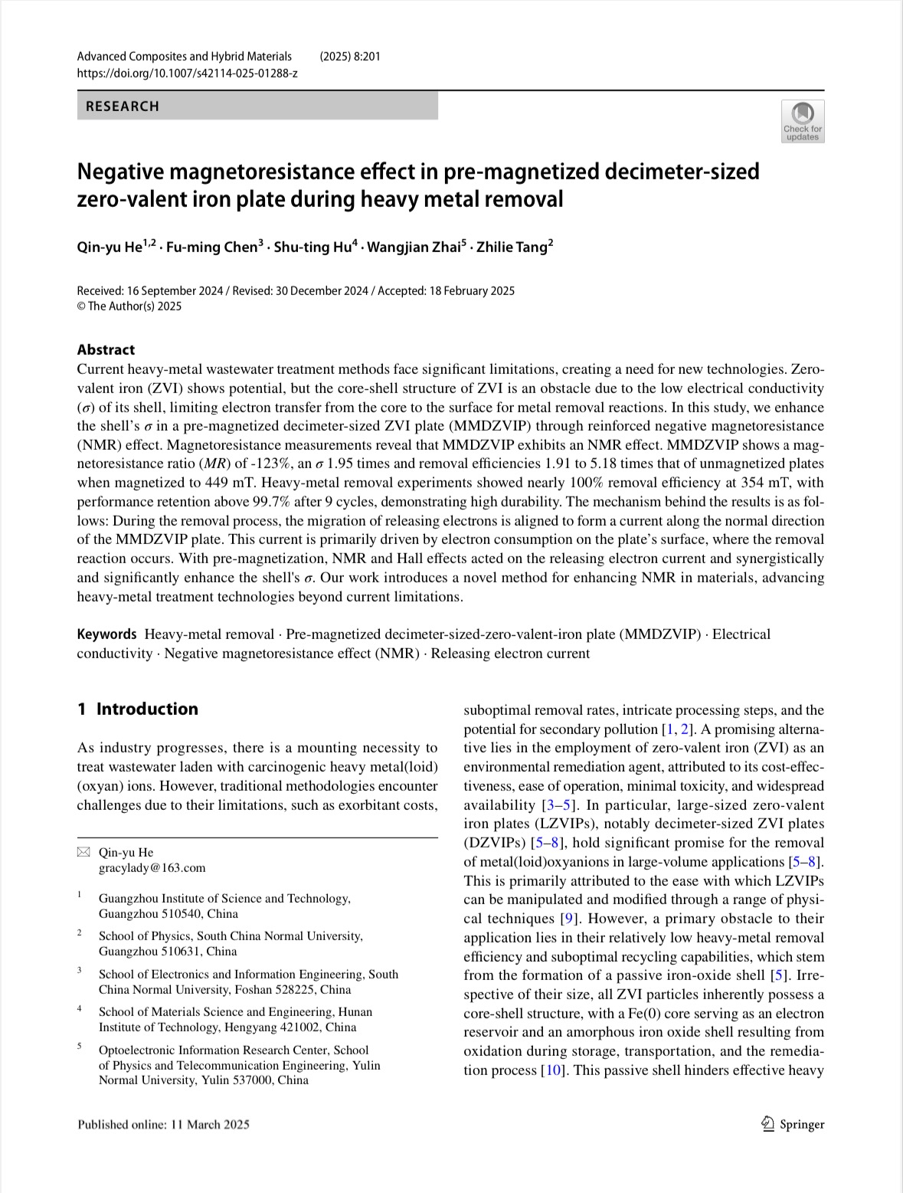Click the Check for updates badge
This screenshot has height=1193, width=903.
click(x=803, y=121)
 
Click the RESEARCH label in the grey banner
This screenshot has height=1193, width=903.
click(x=123, y=107)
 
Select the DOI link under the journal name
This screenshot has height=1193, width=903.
click(x=187, y=73)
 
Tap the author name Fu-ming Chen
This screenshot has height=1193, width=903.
click(x=214, y=247)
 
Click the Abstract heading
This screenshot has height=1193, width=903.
click(x=106, y=349)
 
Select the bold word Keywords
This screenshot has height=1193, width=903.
click(x=106, y=634)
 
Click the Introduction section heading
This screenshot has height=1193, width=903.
click(x=146, y=709)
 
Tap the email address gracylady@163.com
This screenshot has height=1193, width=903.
click(x=152, y=867)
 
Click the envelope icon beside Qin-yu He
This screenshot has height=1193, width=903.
click(x=83, y=852)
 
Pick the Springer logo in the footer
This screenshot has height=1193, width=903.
click(x=793, y=1124)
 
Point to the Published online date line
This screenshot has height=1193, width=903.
click(x=163, y=1124)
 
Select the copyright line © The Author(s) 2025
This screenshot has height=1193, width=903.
click(x=129, y=306)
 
